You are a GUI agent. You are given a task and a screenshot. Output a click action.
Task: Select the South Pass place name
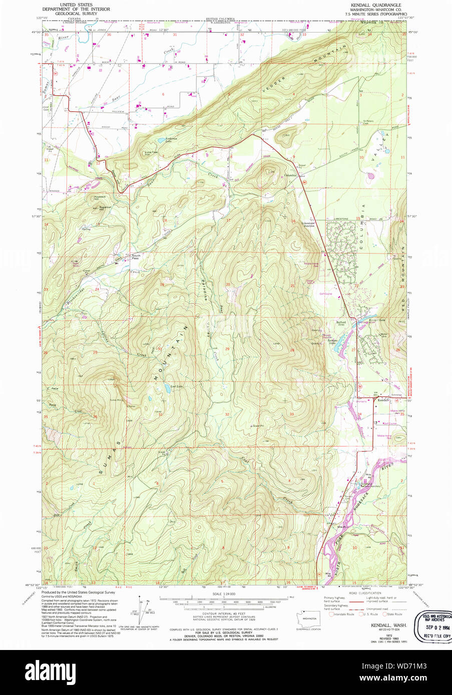click(135, 256)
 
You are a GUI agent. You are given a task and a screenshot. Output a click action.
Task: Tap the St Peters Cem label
click(369, 121)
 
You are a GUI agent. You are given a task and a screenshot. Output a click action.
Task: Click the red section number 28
click(292, 350)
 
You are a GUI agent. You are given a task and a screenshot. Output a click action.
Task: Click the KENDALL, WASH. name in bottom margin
click(388, 625)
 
